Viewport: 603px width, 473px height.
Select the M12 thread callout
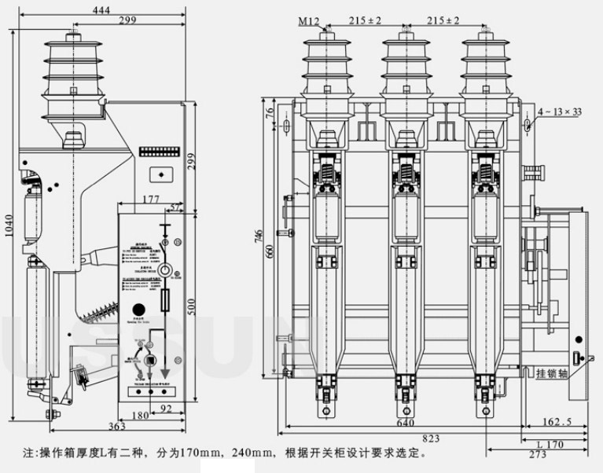308,22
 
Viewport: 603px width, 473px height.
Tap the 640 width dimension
406,422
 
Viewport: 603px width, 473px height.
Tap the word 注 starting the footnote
29,453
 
